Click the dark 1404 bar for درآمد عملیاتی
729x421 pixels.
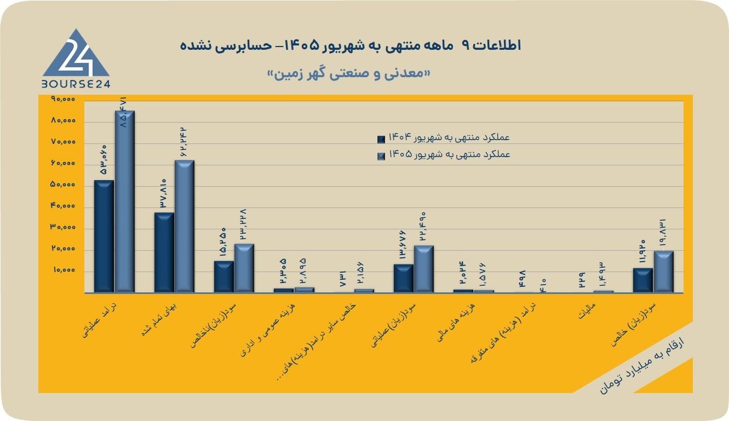click(x=104, y=236)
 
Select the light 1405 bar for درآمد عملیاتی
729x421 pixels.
click(x=125, y=201)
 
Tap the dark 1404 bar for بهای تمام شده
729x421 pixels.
click(x=164, y=252)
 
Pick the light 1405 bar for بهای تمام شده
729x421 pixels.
click(x=185, y=226)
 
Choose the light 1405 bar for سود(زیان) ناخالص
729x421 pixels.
click(x=244, y=268)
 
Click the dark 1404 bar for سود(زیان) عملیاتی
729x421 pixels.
click(x=404, y=278)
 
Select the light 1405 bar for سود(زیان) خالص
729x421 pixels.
click(x=664, y=272)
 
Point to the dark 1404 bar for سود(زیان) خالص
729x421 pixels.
click(x=643, y=280)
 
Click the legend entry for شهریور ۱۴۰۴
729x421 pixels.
click(x=444, y=139)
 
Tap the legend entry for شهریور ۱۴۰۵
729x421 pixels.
click(x=444, y=155)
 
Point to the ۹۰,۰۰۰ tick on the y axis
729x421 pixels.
click(x=63, y=99)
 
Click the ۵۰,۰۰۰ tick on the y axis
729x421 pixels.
click(x=63, y=184)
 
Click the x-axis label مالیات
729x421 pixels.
click(x=587, y=310)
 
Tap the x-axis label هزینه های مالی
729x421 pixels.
click(x=456, y=322)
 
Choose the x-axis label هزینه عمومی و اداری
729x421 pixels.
click(x=268, y=330)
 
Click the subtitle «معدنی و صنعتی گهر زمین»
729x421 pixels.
click(x=348, y=74)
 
